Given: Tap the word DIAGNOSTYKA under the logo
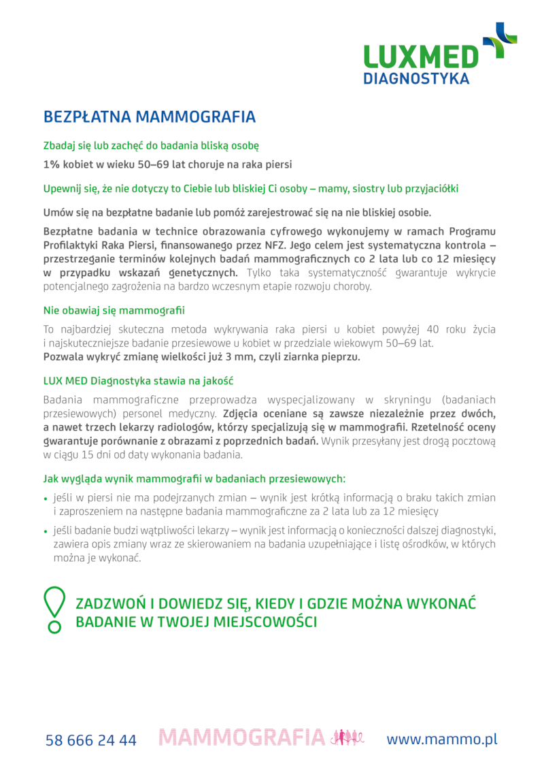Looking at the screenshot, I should click(x=416, y=78).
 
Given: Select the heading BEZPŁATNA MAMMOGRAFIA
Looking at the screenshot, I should click(x=150, y=117).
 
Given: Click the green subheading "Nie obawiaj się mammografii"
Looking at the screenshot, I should click(x=114, y=311).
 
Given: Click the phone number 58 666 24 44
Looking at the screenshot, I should click(x=91, y=740).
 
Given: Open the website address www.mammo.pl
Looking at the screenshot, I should click(x=442, y=739).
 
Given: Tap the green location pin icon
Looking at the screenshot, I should click(x=54, y=608).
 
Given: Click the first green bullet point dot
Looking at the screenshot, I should click(x=46, y=498).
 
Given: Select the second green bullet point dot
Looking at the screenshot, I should click(x=46, y=531).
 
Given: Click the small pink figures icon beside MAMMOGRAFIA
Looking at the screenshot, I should click(x=346, y=738).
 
